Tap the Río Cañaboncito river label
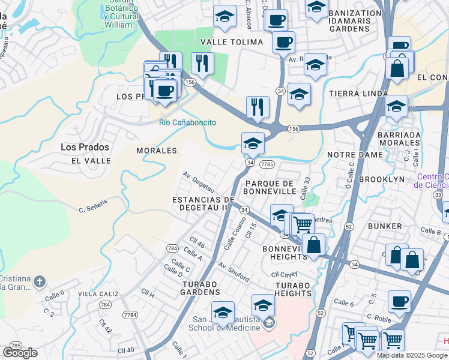coord(187,122)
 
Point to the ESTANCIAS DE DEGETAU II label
coord(203,203)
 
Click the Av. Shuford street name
coord(234,271)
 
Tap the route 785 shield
coord(16,346)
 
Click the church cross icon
coord(40,281)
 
